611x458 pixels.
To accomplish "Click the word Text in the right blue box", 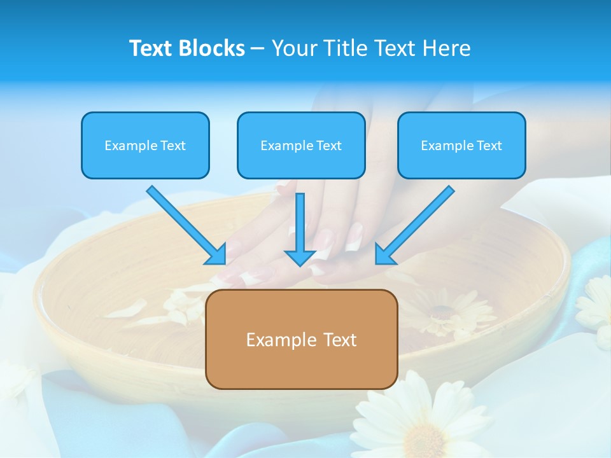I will [x=489, y=146].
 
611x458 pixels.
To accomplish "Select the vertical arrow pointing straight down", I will [x=300, y=226].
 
